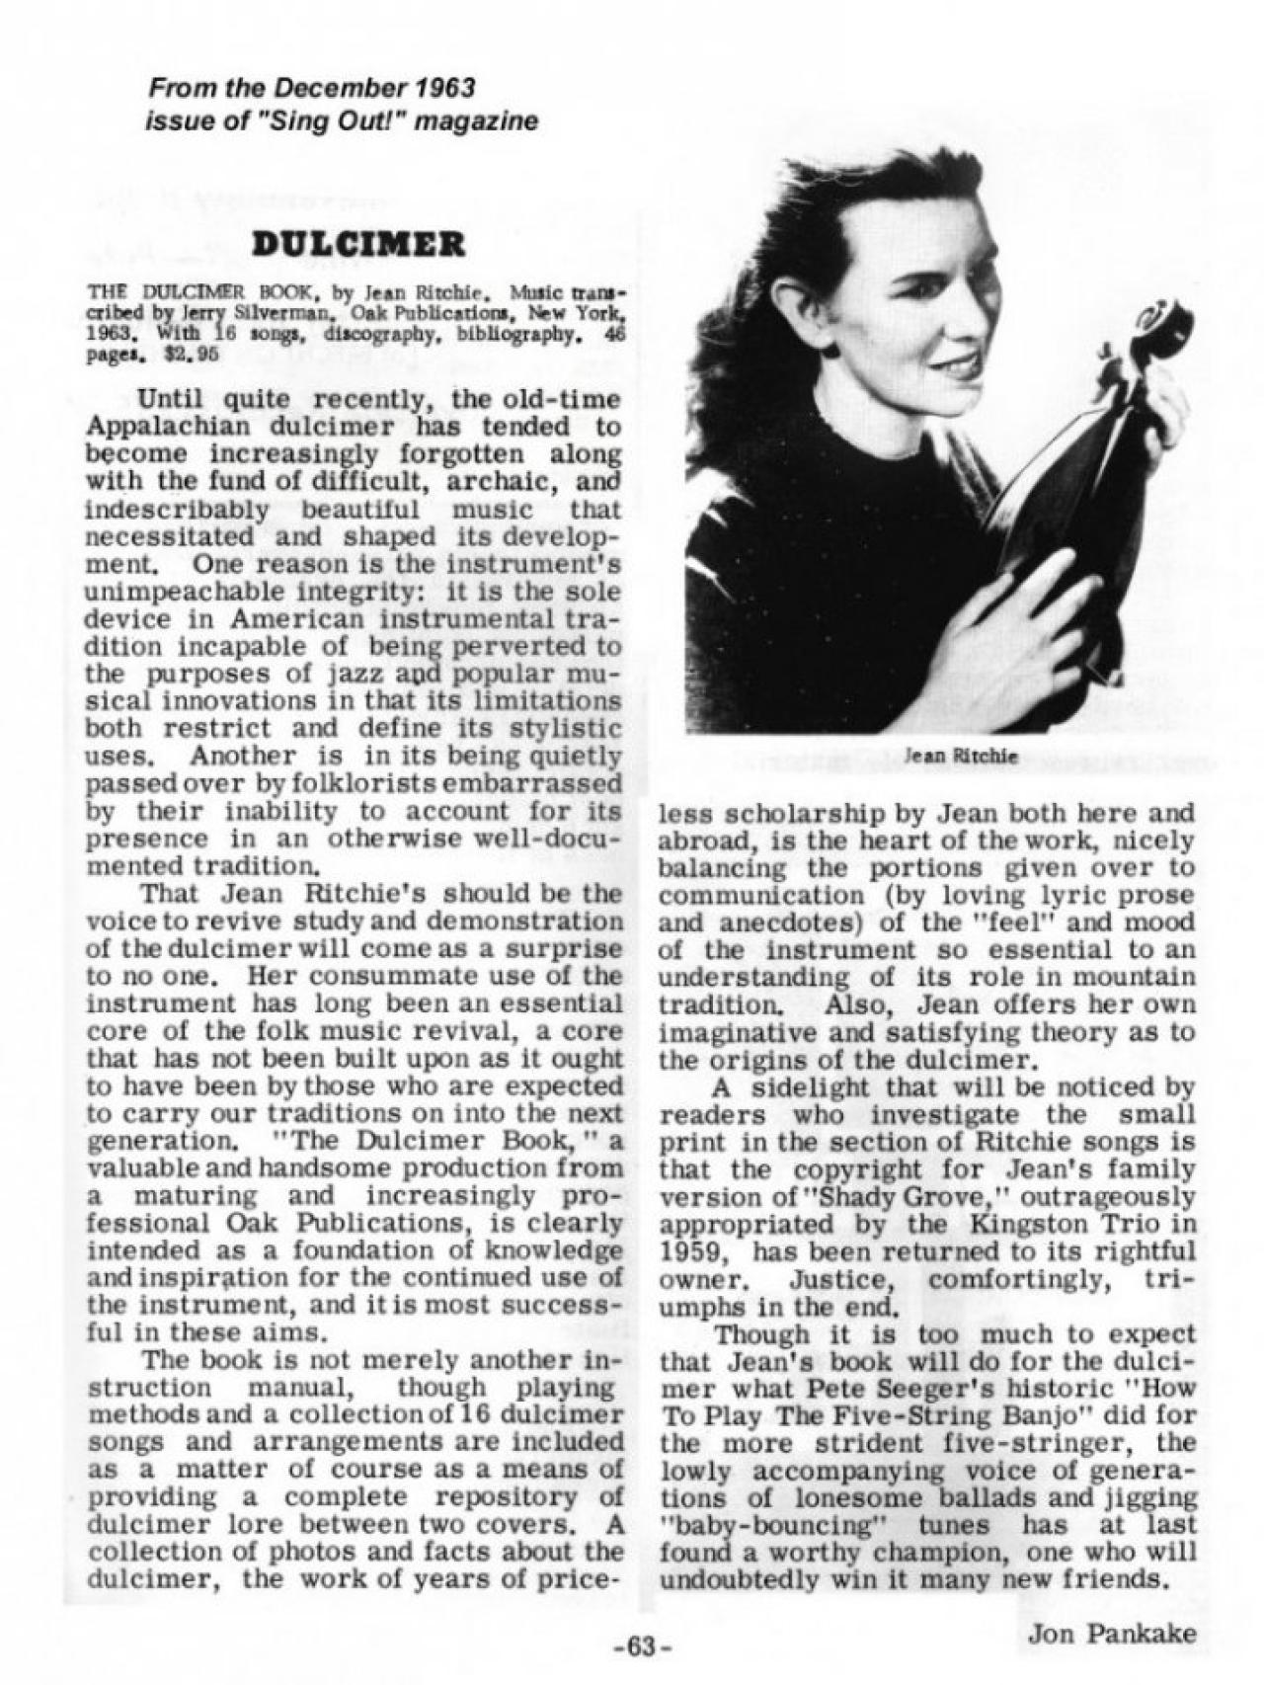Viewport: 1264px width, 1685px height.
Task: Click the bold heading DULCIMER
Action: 356,244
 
